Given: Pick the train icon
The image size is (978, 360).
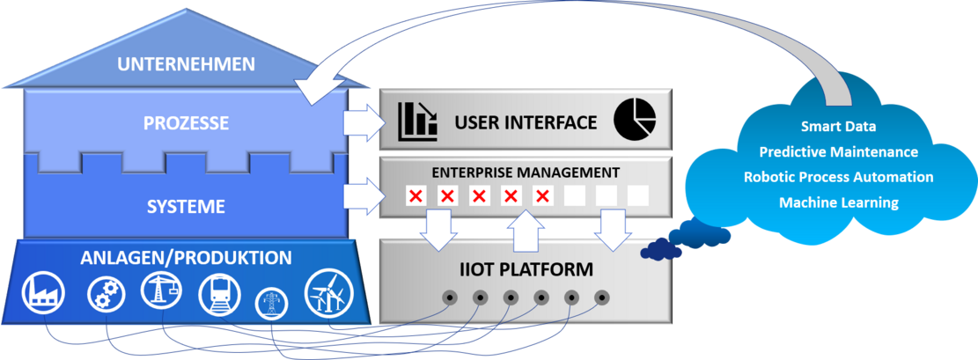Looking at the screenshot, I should pos(217,293).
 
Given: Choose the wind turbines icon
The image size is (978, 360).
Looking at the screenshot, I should pos(327,293).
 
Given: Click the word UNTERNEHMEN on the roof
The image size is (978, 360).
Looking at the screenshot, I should pos(186,64).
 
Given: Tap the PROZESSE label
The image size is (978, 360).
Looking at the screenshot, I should pos(186,123).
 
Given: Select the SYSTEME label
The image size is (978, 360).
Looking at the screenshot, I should pos(186,207).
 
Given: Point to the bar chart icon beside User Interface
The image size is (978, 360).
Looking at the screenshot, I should pos(417,122).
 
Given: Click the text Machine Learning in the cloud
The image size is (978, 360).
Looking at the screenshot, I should pos(838,202).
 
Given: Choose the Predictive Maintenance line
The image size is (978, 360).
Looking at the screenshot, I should pos(838,152).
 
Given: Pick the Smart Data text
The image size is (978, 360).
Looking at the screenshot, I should pos(838,127).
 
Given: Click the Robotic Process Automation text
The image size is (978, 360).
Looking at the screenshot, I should pos(838,177).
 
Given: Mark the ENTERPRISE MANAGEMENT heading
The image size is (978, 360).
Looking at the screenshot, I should pos(525,172).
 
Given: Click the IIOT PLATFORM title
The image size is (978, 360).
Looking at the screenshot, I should pos(525,268).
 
